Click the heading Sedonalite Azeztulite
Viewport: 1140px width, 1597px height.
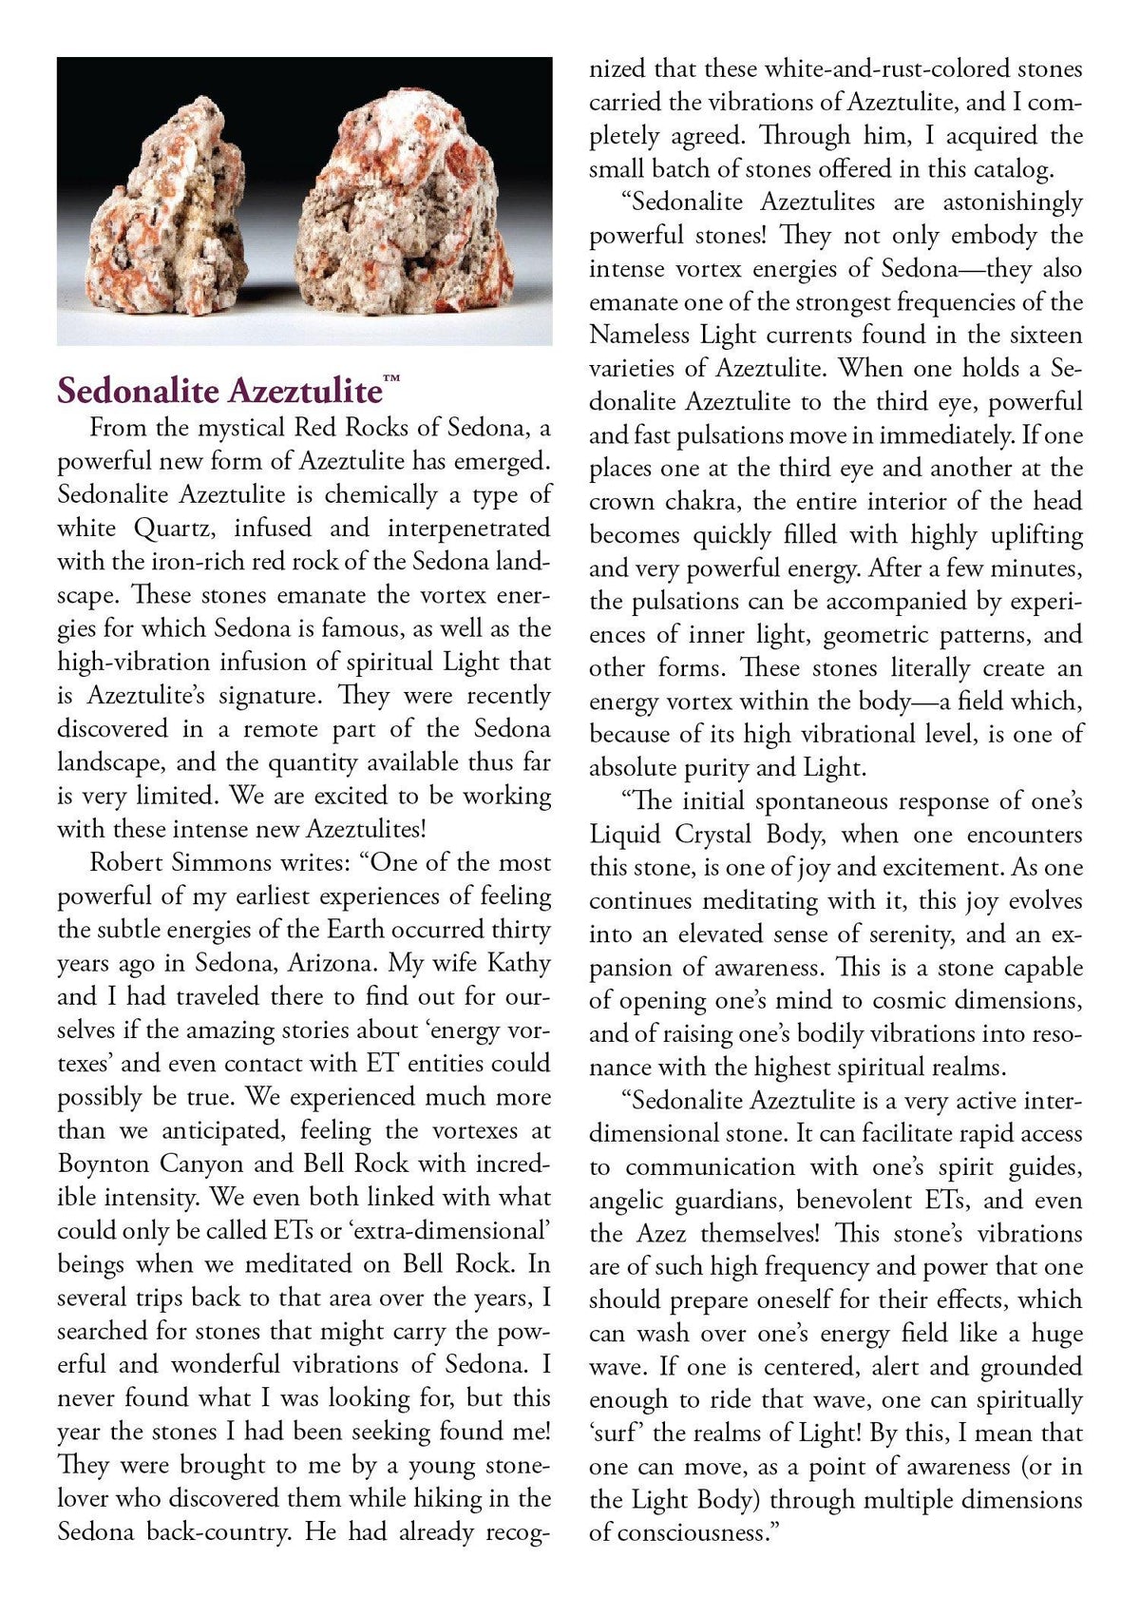point(218,391)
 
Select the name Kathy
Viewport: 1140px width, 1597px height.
point(519,963)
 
